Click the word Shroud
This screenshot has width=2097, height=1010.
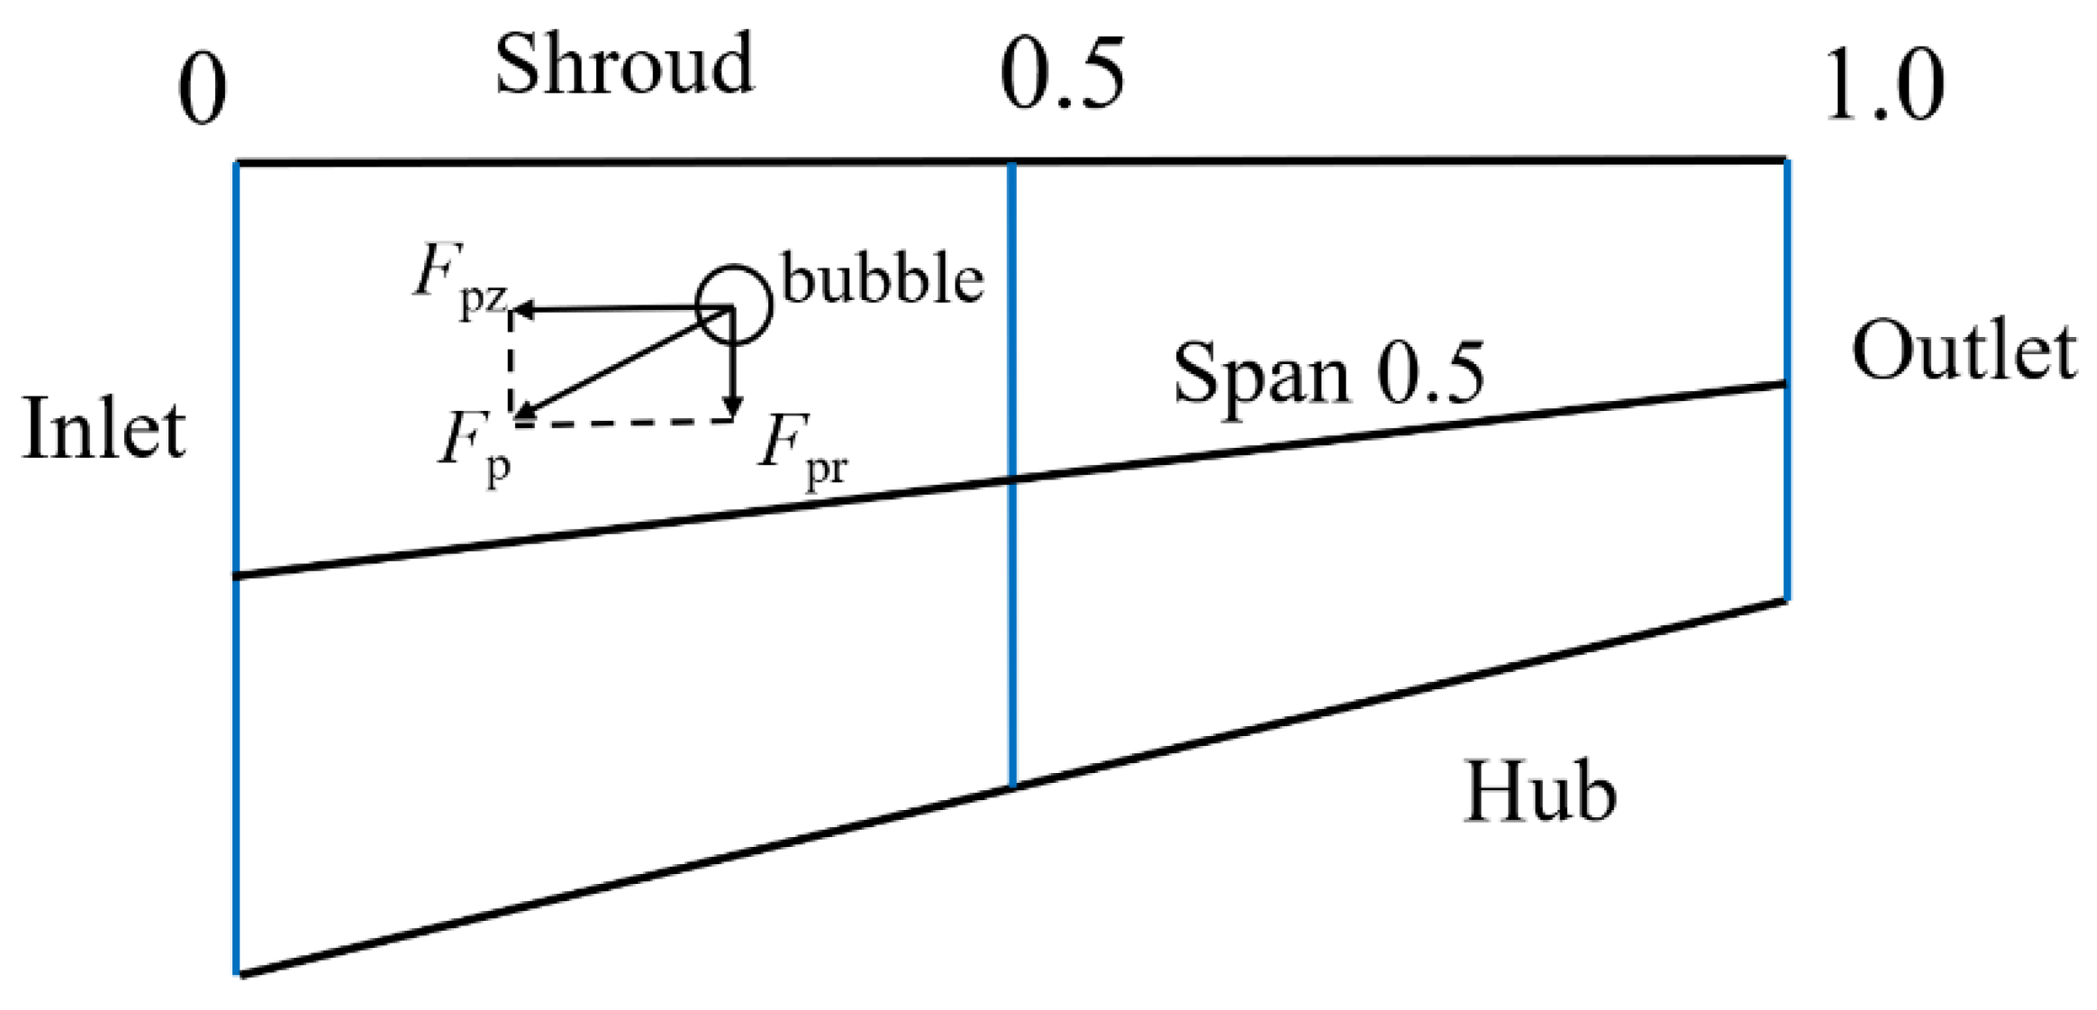pos(623,64)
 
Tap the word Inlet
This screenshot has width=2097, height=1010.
pos(104,430)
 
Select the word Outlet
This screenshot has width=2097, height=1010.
pos(1964,351)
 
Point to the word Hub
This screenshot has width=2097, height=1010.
pos(1539,792)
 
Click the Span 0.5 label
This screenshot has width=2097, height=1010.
pos(1329,373)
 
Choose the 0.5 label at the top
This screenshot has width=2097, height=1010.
pos(1062,75)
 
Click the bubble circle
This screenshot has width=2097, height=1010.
pos(734,305)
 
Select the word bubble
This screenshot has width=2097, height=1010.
pos(882,278)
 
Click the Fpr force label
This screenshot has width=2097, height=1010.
pos(802,450)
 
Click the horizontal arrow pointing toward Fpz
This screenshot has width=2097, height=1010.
pos(622,310)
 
